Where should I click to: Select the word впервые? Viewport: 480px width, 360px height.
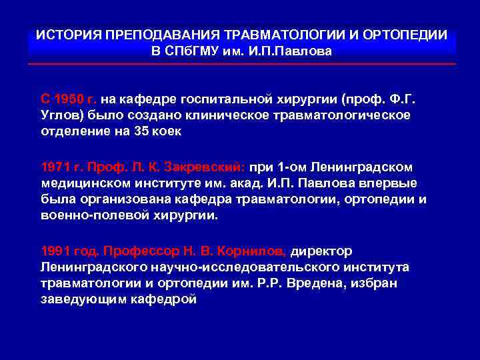pos(393,183)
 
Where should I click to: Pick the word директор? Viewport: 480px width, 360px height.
pos(321,251)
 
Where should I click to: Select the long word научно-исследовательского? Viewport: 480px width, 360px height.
pos(211,267)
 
